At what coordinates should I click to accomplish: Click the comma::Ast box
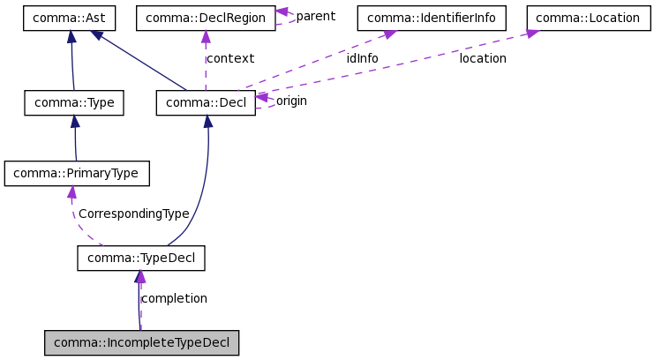(71, 18)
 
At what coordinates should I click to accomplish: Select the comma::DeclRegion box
(205, 18)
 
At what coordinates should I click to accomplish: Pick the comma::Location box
(588, 18)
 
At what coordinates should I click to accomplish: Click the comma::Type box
(74, 103)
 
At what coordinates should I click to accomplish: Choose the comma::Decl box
(206, 103)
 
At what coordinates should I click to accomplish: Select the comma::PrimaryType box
(76, 173)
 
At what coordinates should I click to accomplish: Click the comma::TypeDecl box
(141, 258)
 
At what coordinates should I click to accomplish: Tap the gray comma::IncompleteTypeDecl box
(141, 342)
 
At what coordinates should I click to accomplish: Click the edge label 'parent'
(315, 16)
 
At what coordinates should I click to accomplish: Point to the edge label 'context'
(229, 58)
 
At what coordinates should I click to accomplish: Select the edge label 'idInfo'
(362, 58)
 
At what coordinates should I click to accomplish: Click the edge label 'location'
(483, 58)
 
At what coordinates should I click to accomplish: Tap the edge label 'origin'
(291, 101)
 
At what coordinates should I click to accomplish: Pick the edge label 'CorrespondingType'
(133, 214)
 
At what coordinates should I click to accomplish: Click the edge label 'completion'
(174, 298)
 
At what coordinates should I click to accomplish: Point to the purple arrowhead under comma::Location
(532, 34)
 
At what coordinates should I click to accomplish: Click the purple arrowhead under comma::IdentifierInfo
(387, 34)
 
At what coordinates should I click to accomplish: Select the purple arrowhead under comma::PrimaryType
(71, 191)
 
